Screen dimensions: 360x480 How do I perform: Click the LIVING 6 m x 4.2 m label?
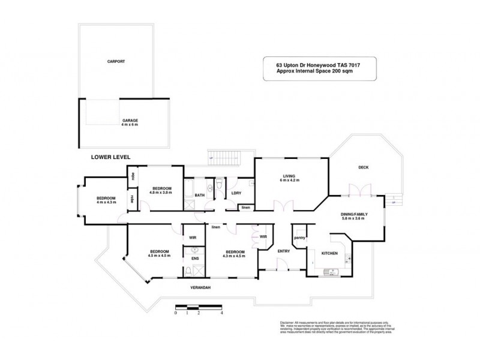pyautogui.click(x=291, y=178)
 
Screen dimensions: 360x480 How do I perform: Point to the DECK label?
pyautogui.click(x=363, y=167)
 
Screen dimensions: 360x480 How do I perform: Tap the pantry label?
pyautogui.click(x=299, y=238)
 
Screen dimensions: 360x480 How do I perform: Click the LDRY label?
pyautogui.click(x=236, y=193)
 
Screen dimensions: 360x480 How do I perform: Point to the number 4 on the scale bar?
pyautogui.click(x=222, y=313)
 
